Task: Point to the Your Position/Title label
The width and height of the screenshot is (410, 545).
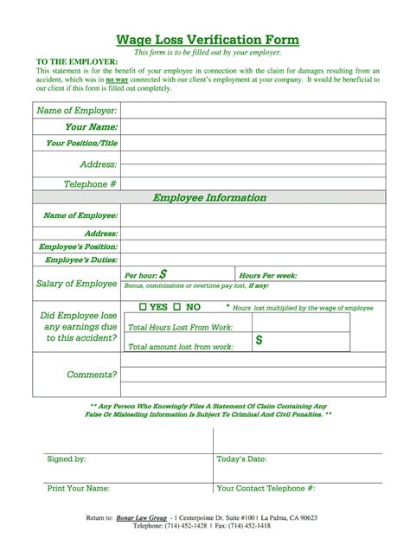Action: [81, 144]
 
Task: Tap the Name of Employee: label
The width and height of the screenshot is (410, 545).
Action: [80, 215]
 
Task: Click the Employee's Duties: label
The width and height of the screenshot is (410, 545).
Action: [81, 260]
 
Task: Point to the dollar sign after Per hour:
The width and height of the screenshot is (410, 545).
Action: [176, 273]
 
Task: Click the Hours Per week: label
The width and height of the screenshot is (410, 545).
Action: [268, 274]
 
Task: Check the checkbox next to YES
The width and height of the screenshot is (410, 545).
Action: [143, 307]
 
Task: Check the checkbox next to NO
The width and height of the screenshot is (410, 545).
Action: [176, 307]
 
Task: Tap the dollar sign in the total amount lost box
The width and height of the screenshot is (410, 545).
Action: [259, 341]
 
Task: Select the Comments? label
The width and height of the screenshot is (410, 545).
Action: [92, 375]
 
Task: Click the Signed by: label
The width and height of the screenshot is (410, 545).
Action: [66, 458]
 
